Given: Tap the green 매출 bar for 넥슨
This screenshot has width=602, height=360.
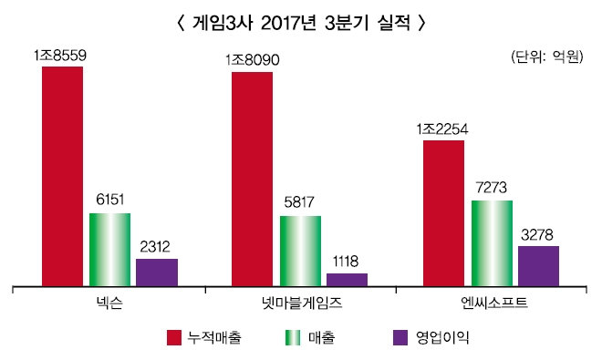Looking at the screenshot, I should point(109,249).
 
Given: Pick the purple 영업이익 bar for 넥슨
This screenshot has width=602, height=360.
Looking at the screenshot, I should point(157,272).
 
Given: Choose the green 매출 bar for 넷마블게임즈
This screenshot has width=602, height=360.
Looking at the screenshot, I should point(300,251).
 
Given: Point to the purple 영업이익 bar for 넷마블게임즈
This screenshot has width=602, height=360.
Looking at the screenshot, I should point(348,279).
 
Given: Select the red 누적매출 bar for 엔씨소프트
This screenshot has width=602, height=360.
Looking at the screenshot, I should point(444,212).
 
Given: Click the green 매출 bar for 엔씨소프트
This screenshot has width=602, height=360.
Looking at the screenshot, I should point(492,242).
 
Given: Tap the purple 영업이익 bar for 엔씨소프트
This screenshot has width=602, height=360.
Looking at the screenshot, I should point(538,265).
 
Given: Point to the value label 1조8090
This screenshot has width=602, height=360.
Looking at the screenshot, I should point(252,61).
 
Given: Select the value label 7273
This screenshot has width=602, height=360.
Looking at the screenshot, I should point(492,188).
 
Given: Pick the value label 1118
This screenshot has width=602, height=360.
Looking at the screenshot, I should point(348,262).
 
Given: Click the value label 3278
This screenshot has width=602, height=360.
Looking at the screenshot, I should point(538,234).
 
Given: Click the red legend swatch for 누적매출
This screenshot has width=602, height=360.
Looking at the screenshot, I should point(175,338).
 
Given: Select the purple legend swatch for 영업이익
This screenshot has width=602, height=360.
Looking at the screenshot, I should point(399,338).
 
